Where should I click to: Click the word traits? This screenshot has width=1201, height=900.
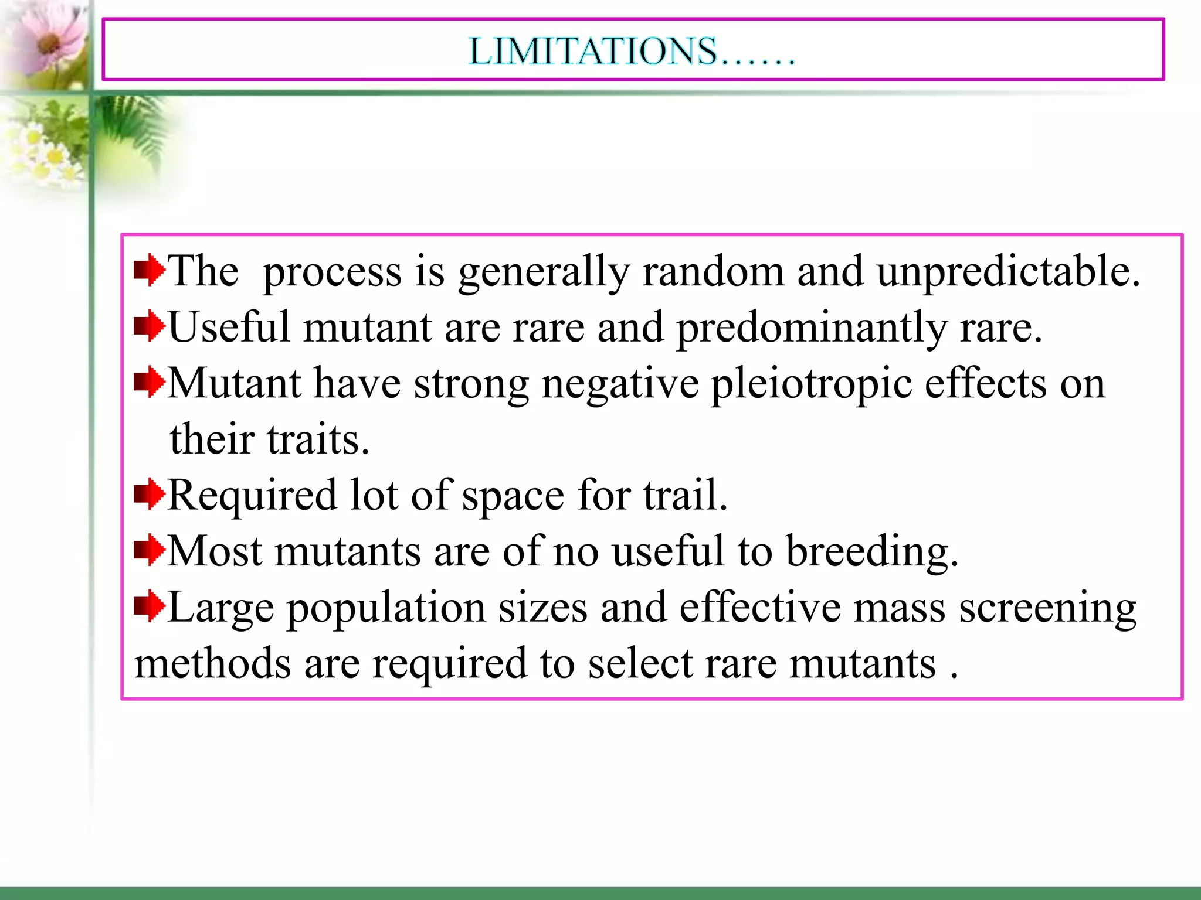pos(317,439)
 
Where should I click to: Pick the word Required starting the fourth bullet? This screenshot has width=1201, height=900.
pos(252,496)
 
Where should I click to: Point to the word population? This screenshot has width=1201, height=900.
pos(386,608)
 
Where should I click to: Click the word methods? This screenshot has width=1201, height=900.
pos(212,664)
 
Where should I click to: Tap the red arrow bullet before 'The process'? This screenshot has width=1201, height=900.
pos(149,270)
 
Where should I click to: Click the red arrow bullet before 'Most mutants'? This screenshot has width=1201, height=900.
pos(149,550)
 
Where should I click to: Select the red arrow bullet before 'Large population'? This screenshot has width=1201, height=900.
pos(149,606)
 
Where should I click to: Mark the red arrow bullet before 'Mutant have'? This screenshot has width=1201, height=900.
pos(149,382)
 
